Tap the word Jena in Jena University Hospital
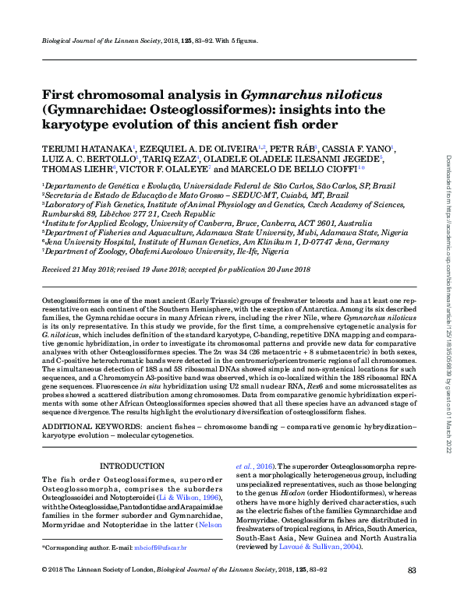52,242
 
